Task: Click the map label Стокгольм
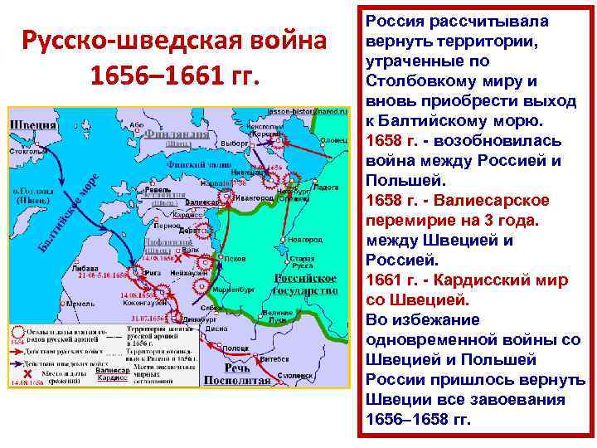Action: (28, 153)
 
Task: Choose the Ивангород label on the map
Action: (251, 199)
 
